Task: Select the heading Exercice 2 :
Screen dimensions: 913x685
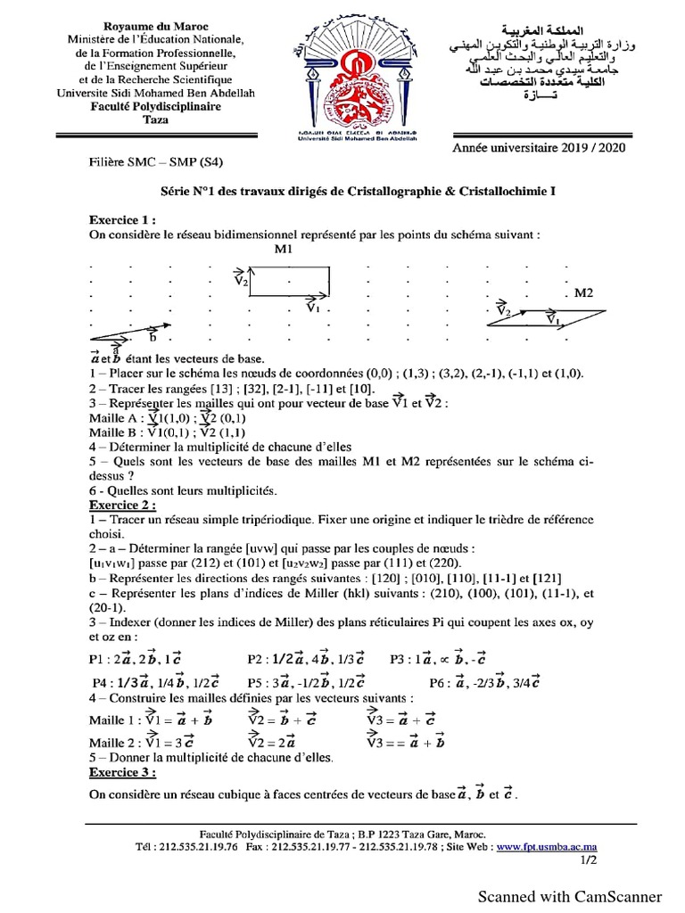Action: point(122,505)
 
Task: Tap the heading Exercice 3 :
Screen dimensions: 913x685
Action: point(122,772)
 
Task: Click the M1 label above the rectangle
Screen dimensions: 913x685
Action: point(285,251)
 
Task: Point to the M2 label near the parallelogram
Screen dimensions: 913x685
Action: point(583,292)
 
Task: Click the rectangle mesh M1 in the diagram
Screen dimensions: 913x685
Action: point(290,282)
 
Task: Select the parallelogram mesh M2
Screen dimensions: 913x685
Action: point(546,318)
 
